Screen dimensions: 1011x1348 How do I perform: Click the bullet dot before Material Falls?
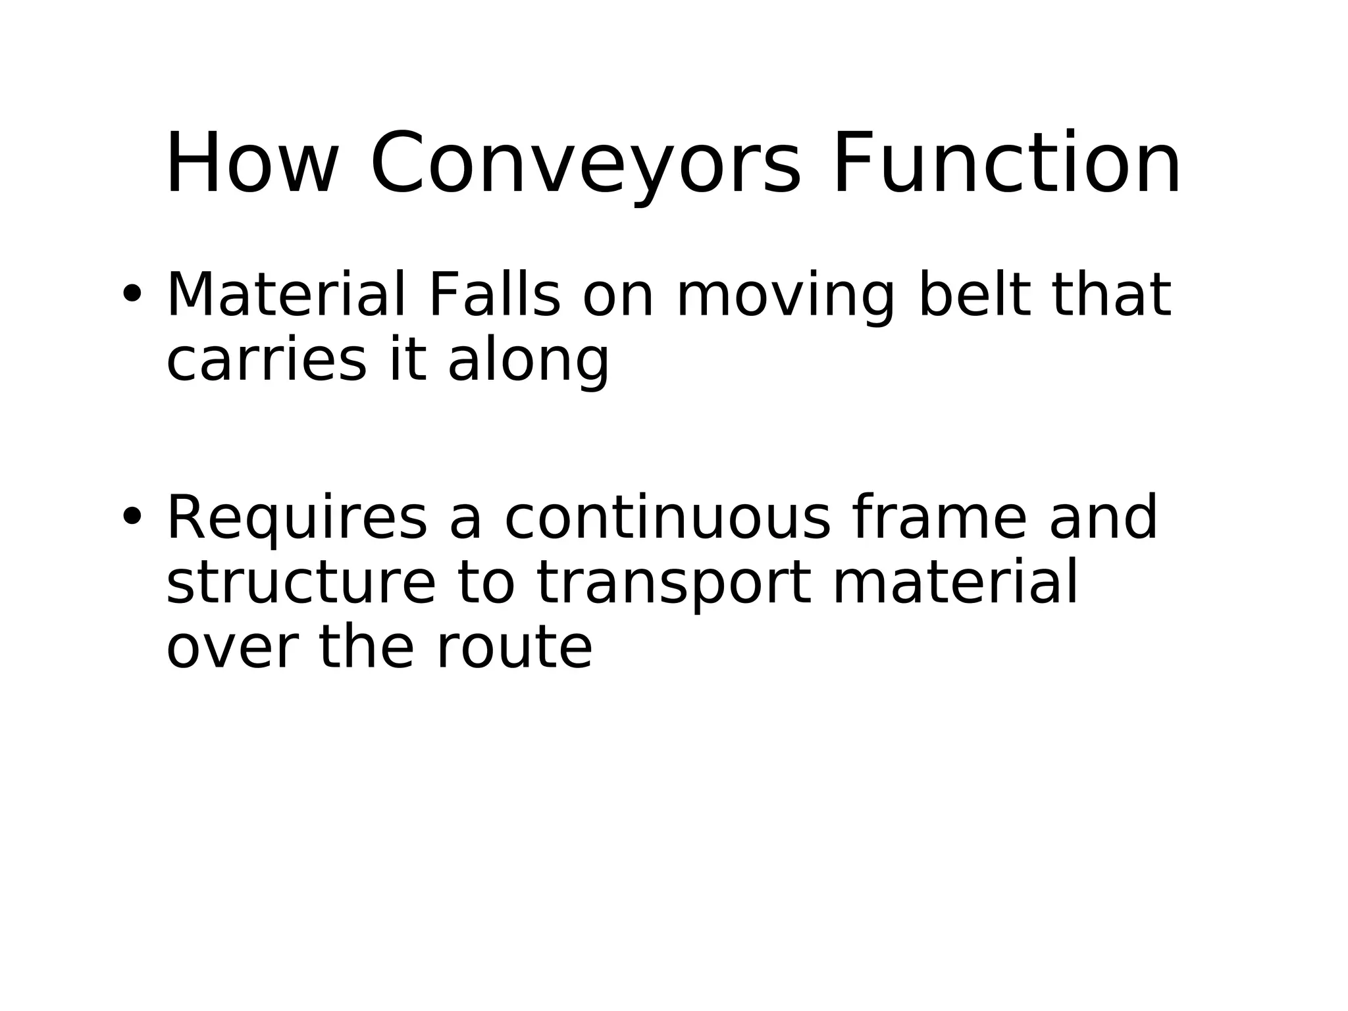(131, 294)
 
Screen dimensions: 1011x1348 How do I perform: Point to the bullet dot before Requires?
(131, 517)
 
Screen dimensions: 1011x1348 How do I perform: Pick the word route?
(514, 648)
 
